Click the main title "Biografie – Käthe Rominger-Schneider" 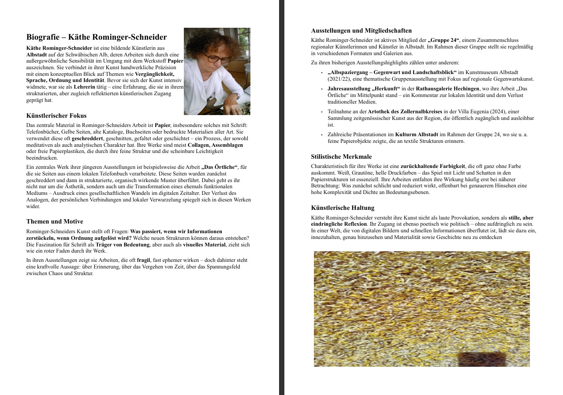click(97, 37)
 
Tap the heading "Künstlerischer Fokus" click(56, 116)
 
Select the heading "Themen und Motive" click(55, 222)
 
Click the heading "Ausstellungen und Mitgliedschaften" click(362, 31)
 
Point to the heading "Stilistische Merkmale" click(341, 157)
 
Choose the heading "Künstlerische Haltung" click(343, 208)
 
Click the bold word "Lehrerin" click(84, 87)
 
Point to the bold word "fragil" click(144, 261)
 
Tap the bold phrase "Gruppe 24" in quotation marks click(444, 40)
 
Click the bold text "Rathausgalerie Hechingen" click(447, 89)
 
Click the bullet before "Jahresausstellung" click(322, 89)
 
